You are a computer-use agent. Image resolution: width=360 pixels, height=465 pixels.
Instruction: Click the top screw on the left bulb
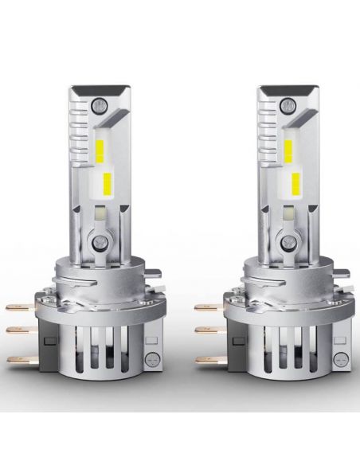[98, 104]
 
